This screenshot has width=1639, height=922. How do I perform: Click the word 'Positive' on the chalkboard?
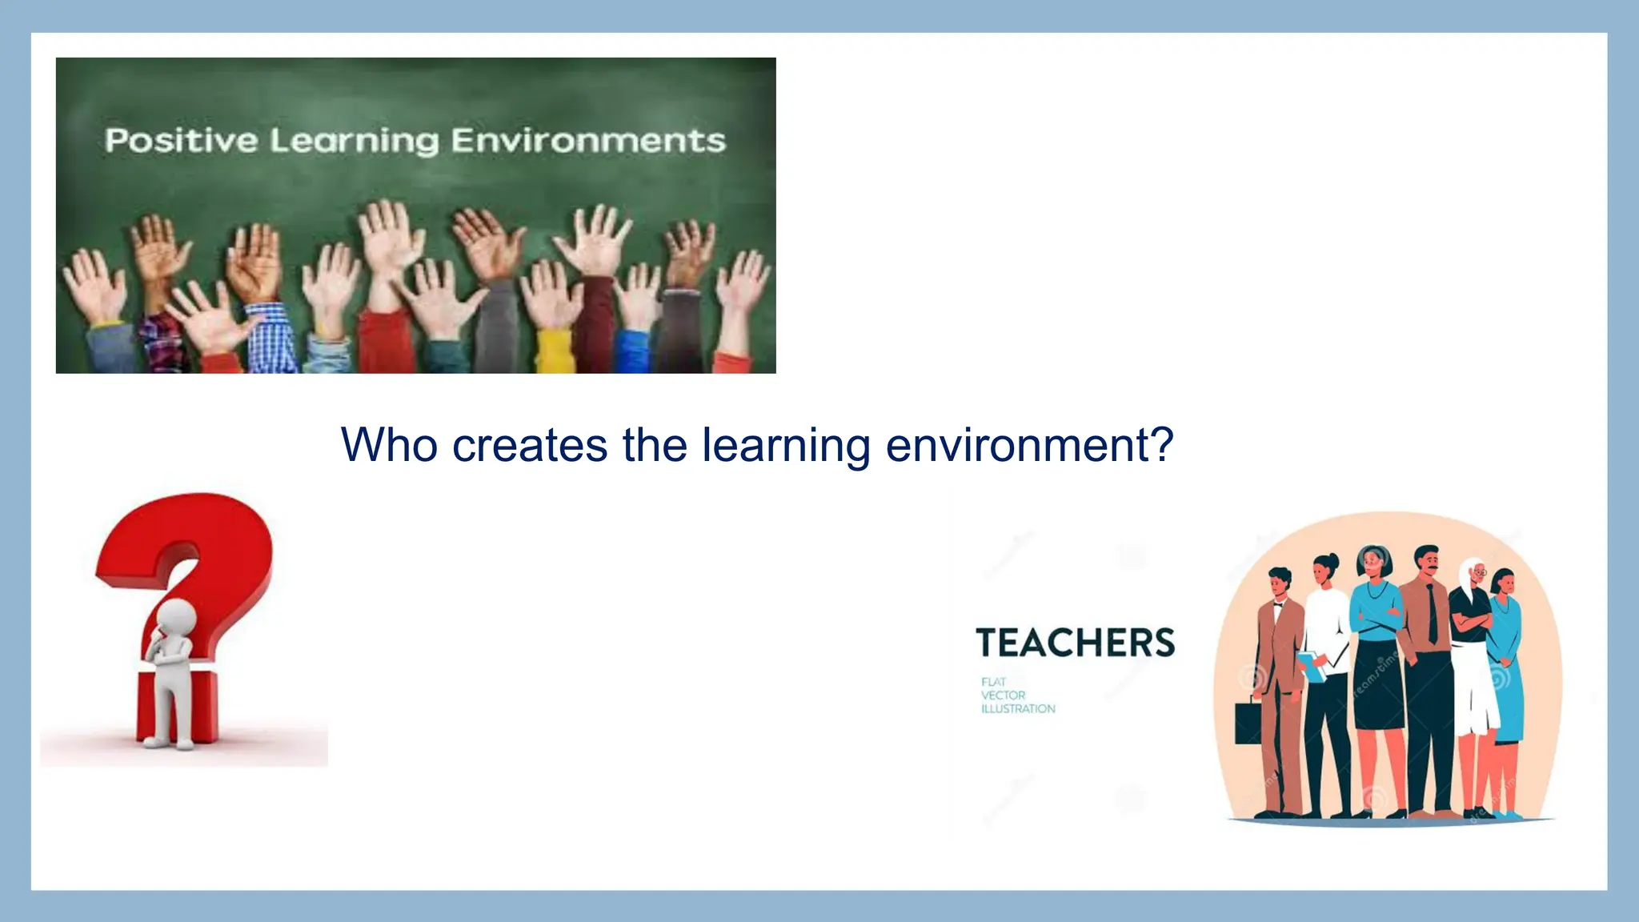click(181, 141)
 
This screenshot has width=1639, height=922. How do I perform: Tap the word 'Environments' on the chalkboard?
click(588, 141)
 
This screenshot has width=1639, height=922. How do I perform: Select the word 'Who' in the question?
click(389, 445)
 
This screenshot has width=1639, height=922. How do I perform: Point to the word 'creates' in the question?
click(529, 445)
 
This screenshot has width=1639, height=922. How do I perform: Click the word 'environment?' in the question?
click(1029, 445)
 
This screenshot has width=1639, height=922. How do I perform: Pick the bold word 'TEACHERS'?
click(1075, 643)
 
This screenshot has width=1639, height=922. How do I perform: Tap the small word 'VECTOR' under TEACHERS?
click(1003, 696)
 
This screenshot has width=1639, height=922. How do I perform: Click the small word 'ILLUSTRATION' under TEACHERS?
click(1018, 709)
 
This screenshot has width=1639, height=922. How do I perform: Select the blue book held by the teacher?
click(1311, 666)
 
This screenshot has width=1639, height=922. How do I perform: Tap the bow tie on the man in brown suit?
click(1278, 605)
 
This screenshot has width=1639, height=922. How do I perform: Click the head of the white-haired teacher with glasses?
click(1474, 572)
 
